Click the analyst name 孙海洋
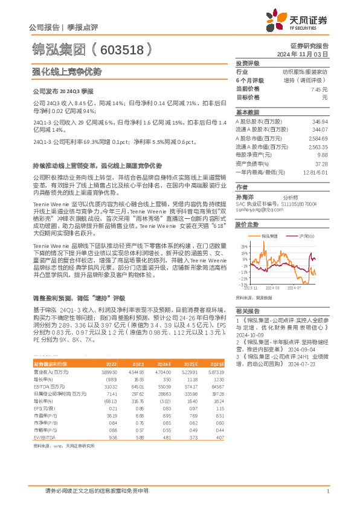coord(244,196)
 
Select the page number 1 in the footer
coord(327,491)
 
